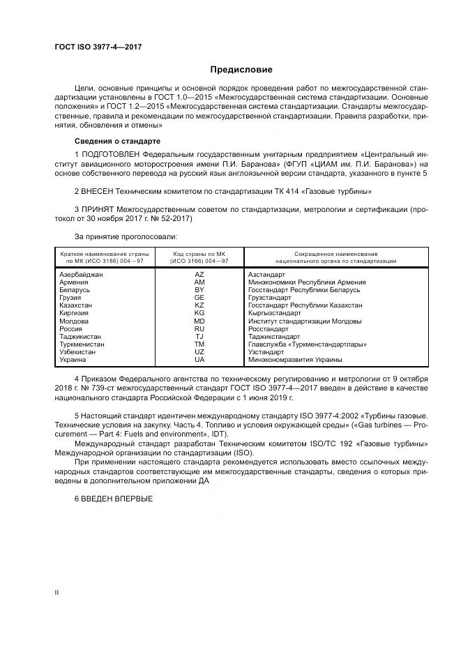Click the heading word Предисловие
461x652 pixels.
tap(242, 70)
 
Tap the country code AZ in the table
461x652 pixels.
tap(199, 275)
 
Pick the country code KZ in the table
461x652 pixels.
tap(199, 305)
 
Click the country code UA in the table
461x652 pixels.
tap(199, 359)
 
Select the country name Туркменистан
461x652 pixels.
tap(82, 344)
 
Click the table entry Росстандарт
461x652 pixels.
tap(268, 328)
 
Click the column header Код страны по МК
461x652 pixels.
tap(199, 253)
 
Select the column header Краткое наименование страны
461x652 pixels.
tap(104, 253)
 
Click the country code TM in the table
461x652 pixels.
tap(199, 344)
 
